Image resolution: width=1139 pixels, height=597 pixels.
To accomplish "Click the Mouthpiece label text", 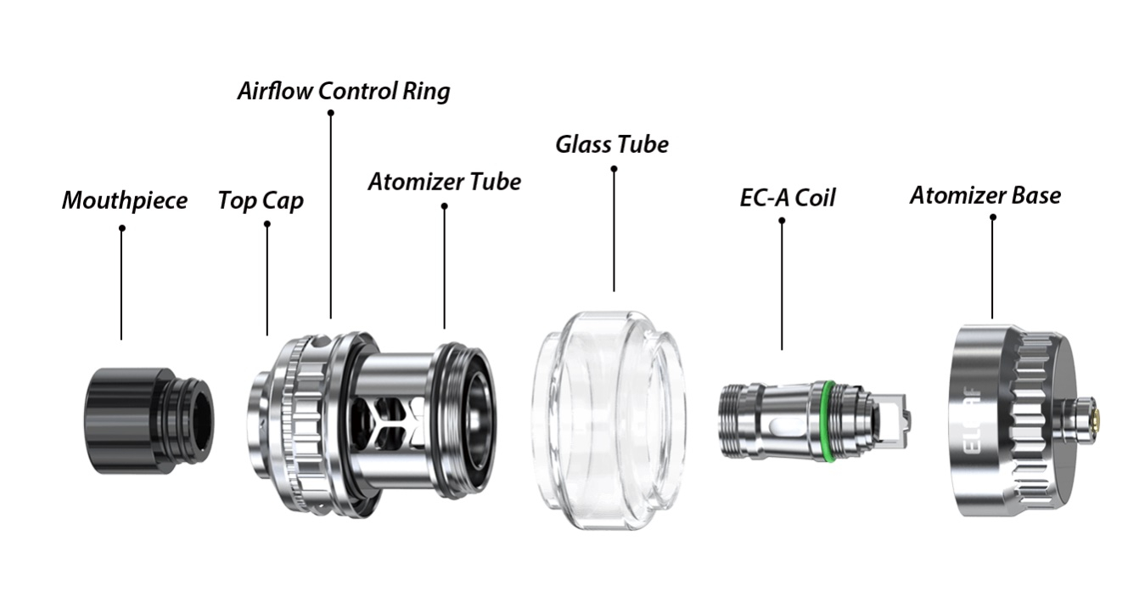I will click(125, 201).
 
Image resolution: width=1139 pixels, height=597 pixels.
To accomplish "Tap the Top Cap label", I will click(261, 201).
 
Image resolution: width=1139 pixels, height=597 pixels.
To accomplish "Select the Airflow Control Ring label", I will click(344, 91).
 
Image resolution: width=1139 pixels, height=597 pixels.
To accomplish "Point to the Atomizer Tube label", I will click(444, 182).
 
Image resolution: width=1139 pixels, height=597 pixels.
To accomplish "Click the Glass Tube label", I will click(612, 144).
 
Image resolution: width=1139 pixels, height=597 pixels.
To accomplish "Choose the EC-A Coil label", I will click(787, 198).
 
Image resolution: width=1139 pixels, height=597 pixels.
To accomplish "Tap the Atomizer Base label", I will click(985, 195).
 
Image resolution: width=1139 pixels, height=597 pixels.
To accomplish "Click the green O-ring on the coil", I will click(825, 420).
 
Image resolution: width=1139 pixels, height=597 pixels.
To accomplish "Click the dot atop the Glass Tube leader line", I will click(614, 169).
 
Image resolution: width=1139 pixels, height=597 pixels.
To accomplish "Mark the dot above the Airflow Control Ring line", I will click(330, 112).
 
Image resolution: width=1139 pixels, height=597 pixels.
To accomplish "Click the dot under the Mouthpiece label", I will click(121, 228).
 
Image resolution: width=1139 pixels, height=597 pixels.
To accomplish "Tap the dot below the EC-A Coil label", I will click(782, 221).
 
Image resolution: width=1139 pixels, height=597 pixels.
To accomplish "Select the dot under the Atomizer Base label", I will click(992, 217).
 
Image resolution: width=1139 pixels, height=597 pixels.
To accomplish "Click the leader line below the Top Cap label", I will click(267, 280).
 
